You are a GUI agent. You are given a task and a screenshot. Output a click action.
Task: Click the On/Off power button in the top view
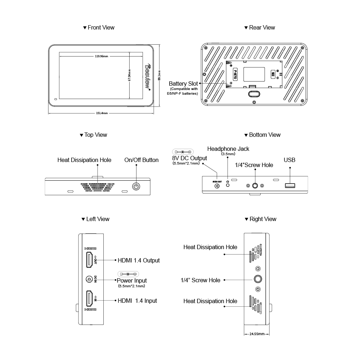pos(136,186)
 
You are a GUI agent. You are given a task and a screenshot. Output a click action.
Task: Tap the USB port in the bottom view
pos(290,186)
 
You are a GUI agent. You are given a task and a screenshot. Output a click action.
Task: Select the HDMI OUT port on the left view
pos(88,260)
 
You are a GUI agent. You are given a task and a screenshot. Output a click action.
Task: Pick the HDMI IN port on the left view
pos(88,300)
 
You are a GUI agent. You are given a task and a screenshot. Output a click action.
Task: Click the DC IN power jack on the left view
pos(89,279)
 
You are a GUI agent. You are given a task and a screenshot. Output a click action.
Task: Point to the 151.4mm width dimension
pos(102,113)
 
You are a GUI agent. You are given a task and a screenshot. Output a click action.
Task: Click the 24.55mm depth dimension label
pos(257,334)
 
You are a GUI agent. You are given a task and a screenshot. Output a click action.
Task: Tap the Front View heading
pos(99,27)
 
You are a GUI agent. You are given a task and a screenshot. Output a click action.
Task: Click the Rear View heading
pos(260,27)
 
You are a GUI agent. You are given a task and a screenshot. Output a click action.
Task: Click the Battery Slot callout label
pos(183,84)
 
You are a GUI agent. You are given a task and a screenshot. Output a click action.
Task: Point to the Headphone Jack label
pos(228,149)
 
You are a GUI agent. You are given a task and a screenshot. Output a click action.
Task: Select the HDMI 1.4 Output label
pos(139,260)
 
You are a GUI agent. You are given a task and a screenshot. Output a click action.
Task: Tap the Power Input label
pos(132,280)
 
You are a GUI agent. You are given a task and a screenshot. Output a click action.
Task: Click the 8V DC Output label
pos(190,158)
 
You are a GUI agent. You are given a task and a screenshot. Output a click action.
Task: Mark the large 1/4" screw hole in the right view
pos(258,279)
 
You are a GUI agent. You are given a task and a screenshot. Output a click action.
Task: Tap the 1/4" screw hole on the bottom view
pos(255,186)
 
